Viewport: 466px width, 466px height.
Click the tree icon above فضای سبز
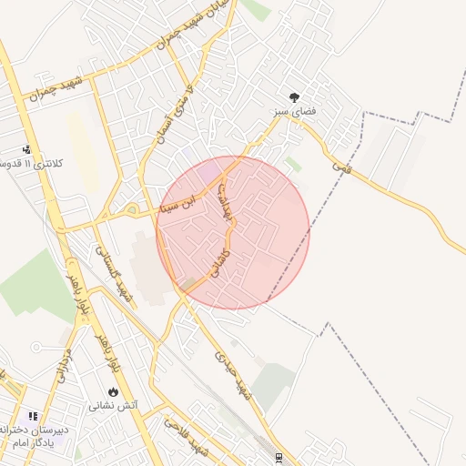(x=294, y=96)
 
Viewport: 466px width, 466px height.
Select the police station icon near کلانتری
(x=27, y=149)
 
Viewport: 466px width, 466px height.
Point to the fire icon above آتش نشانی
(x=113, y=391)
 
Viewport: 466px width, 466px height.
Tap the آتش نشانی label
(x=113, y=406)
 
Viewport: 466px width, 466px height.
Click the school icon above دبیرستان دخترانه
(x=34, y=416)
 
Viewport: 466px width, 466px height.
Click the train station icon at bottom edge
(x=279, y=458)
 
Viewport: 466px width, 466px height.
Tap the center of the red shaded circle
(x=232, y=232)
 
